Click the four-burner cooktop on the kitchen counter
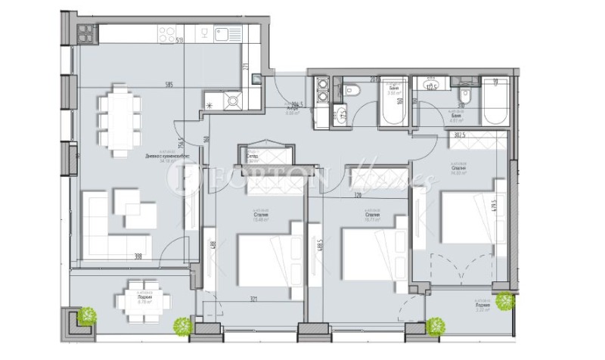click(167, 33)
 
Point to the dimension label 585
click(168, 85)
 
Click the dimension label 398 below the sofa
click(138, 257)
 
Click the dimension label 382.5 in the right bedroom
click(459, 135)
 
